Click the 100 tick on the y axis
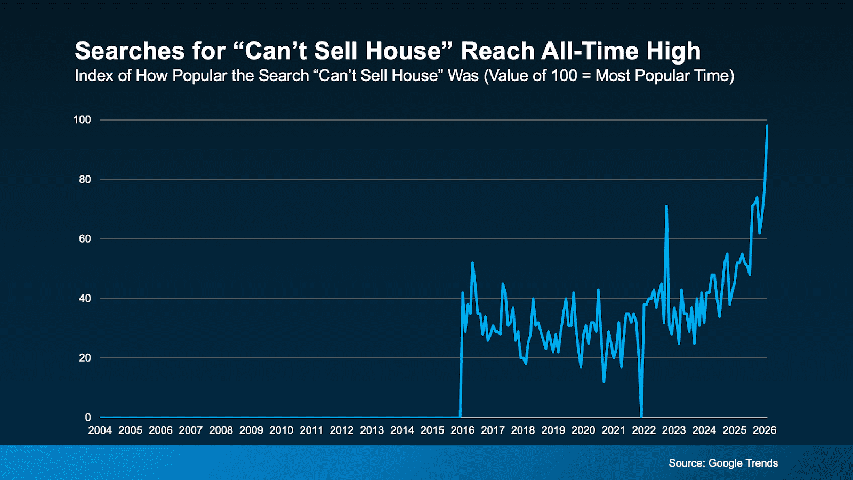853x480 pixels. [x=82, y=119]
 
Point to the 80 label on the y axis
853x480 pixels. [x=85, y=179]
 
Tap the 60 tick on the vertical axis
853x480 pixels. [x=85, y=239]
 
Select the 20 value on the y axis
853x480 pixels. [x=85, y=358]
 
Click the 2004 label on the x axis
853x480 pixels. [x=100, y=430]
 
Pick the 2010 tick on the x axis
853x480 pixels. [x=281, y=430]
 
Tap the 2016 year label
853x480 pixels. [x=462, y=430]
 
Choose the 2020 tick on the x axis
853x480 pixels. [x=583, y=430]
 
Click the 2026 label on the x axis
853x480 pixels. [x=764, y=430]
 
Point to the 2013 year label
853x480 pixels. [x=372, y=430]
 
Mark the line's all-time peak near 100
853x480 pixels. [x=767, y=126]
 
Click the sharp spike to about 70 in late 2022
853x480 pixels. [x=666, y=206]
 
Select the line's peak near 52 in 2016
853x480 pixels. [x=472, y=263]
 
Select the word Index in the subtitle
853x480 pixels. [x=94, y=76]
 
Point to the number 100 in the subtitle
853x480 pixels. [x=564, y=76]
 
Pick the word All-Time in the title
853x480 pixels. [x=590, y=51]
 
